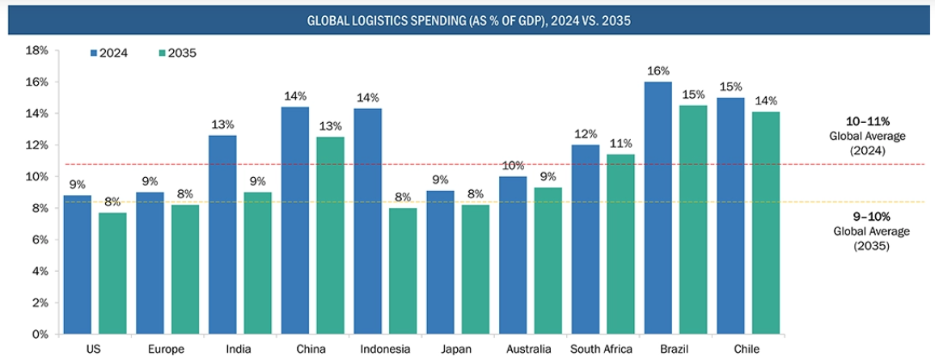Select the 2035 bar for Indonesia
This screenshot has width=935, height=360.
coord(403,271)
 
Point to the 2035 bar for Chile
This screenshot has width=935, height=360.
coord(765,222)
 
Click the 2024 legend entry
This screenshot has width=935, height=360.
coord(109,53)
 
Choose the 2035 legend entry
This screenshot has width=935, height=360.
coord(178,53)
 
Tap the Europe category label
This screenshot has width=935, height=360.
coord(167,349)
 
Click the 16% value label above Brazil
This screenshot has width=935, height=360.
coord(658,71)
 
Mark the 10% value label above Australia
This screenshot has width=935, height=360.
coord(513,166)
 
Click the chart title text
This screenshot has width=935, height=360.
coord(468,21)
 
